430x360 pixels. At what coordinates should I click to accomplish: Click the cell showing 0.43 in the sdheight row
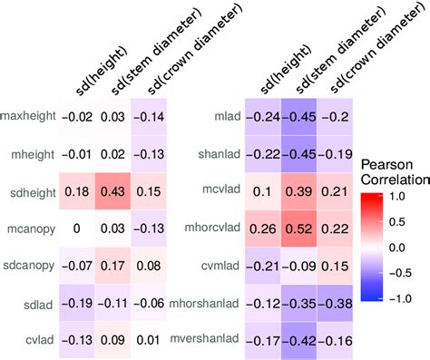pos(112,191)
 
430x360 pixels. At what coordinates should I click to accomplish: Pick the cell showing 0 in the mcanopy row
pos(77,229)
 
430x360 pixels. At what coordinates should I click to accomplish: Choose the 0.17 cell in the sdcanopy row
pos(112,266)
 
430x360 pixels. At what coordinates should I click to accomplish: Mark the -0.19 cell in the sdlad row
pos(77,303)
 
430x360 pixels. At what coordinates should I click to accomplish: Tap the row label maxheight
pos(28,116)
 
